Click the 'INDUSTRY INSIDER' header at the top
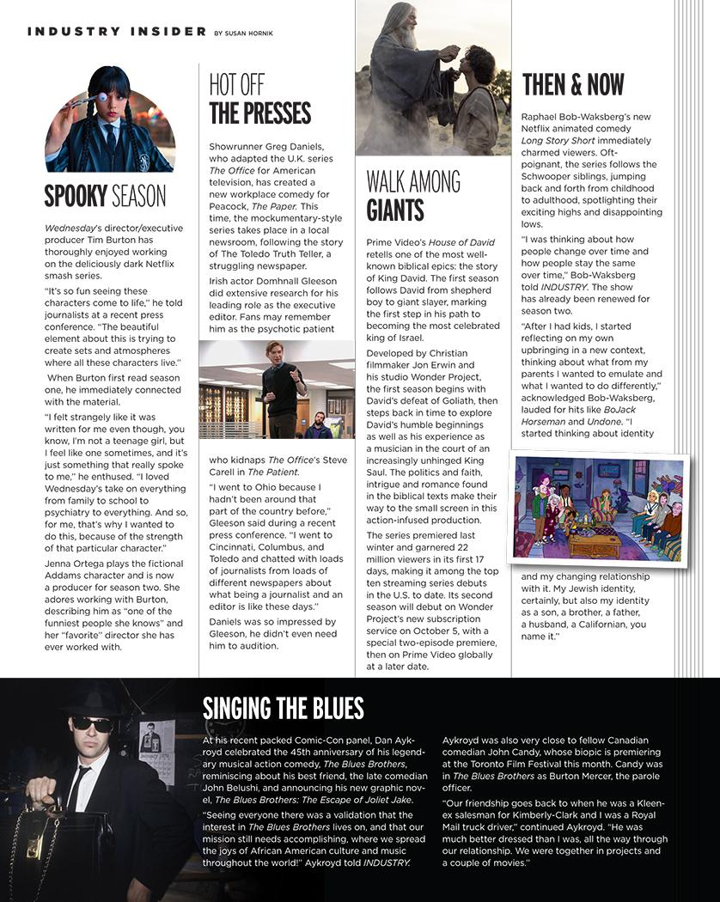[x=117, y=32]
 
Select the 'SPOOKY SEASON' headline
[x=105, y=197]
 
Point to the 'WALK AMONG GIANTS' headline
[x=413, y=196]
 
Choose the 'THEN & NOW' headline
[x=573, y=85]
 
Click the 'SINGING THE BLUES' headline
[x=284, y=708]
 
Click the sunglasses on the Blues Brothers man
[x=92, y=723]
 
